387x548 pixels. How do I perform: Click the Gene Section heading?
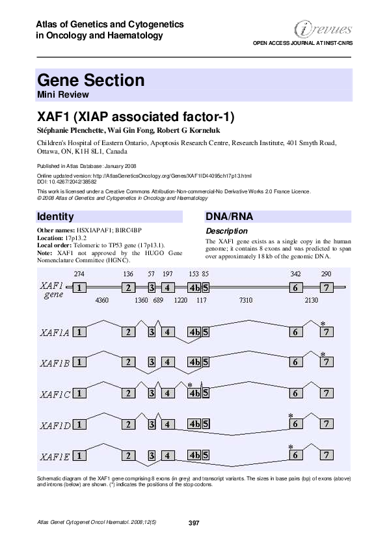[x=91, y=81]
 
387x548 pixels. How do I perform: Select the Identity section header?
[x=56, y=217]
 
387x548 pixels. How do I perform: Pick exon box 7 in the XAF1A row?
[x=327, y=332]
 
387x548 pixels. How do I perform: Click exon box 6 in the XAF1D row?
[x=295, y=424]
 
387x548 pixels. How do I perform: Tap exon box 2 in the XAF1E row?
[x=129, y=455]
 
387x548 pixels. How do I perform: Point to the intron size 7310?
[x=246, y=301]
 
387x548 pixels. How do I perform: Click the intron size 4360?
[x=102, y=301]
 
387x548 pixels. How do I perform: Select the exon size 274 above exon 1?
[x=79, y=274]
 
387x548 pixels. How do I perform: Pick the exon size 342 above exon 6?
[x=295, y=274]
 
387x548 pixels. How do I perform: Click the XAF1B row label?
[x=54, y=363]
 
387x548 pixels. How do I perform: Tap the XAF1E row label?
[x=54, y=456]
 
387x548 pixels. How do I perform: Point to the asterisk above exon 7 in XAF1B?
[x=323, y=353]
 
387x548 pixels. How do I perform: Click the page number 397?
[x=193, y=523]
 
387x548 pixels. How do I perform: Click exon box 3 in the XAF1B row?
[x=151, y=362]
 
